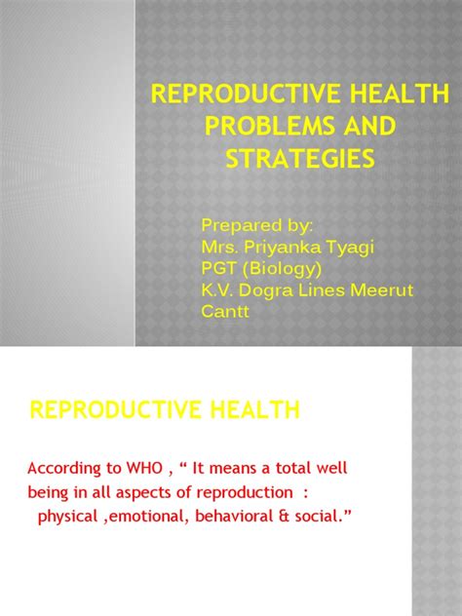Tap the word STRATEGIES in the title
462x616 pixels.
299,158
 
